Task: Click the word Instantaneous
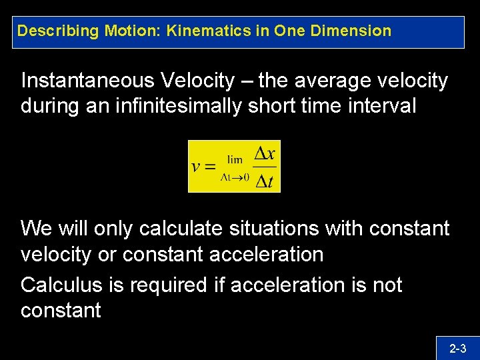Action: point(86,81)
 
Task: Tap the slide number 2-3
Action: point(457,348)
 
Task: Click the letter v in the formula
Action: point(197,167)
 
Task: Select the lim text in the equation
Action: point(235,159)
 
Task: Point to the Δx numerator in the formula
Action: point(265,153)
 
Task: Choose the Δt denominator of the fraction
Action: point(265,181)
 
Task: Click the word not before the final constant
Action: point(387,285)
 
